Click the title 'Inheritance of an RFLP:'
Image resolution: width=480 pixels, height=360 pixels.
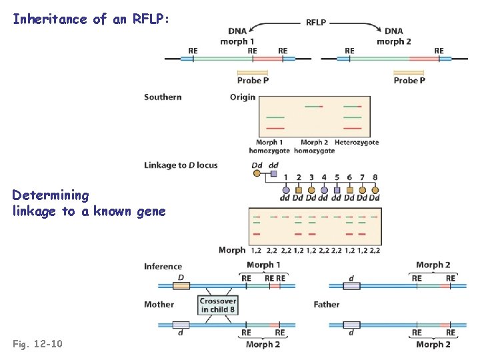(x=91, y=19)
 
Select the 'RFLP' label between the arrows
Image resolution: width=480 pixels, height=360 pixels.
(x=316, y=22)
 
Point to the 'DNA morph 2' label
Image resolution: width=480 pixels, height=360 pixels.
(x=393, y=36)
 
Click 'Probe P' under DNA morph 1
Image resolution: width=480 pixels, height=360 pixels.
(x=253, y=80)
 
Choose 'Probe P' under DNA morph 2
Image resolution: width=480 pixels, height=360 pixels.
(x=409, y=80)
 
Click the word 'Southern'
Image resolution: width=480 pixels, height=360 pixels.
(x=163, y=97)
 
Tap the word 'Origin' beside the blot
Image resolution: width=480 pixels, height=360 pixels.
(x=243, y=97)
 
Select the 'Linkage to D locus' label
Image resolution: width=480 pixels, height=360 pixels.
(x=181, y=165)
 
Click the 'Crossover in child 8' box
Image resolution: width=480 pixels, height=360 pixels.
(x=217, y=305)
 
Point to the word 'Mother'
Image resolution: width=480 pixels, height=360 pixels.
(x=159, y=305)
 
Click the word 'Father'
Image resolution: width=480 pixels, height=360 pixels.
(x=327, y=305)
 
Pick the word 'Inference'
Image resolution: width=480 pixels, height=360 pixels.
(x=163, y=267)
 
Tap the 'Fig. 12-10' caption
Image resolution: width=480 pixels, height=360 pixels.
(x=38, y=343)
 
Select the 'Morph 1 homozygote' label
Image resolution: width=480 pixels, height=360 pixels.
(x=270, y=146)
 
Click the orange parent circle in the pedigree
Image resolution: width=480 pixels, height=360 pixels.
(x=257, y=174)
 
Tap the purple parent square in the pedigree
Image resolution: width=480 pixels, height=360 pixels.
(x=273, y=174)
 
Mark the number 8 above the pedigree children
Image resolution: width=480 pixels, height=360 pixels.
(x=375, y=177)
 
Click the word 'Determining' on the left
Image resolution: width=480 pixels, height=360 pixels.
(x=50, y=195)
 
